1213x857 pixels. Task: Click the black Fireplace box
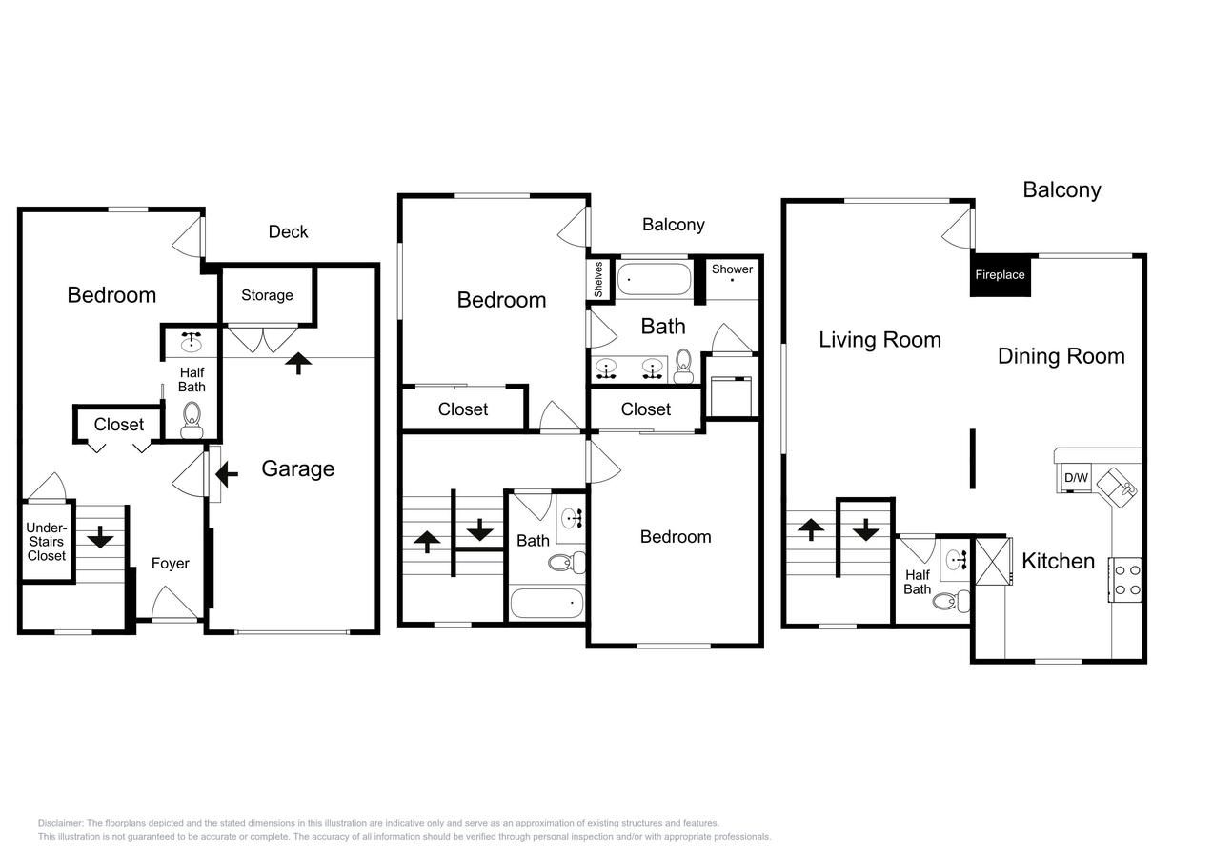pyautogui.click(x=1000, y=275)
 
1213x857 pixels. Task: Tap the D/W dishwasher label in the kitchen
pyautogui.click(x=1076, y=477)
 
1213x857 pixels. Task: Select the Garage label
pyautogui.click(x=297, y=468)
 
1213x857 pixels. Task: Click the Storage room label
pyautogui.click(x=267, y=295)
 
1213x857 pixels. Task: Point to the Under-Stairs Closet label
pyautogui.click(x=46, y=542)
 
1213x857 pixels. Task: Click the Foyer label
pyautogui.click(x=171, y=564)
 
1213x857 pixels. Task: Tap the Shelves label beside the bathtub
pyautogui.click(x=598, y=280)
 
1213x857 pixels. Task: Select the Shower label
pyautogui.click(x=732, y=269)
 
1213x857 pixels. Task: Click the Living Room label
pyautogui.click(x=879, y=340)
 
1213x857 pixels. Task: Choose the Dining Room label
pyautogui.click(x=1061, y=356)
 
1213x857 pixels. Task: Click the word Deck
pyautogui.click(x=288, y=231)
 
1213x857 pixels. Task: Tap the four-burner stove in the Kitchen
pyautogui.click(x=1127, y=580)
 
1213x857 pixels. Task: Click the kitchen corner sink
pyautogui.click(x=1117, y=486)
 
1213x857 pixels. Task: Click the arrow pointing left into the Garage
pyautogui.click(x=227, y=472)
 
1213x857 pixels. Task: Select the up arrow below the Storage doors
pyautogui.click(x=299, y=362)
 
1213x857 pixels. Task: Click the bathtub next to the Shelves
pyautogui.click(x=654, y=280)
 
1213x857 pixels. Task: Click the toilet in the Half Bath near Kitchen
pyautogui.click(x=945, y=601)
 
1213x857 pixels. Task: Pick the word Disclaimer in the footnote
pyautogui.click(x=61, y=823)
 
